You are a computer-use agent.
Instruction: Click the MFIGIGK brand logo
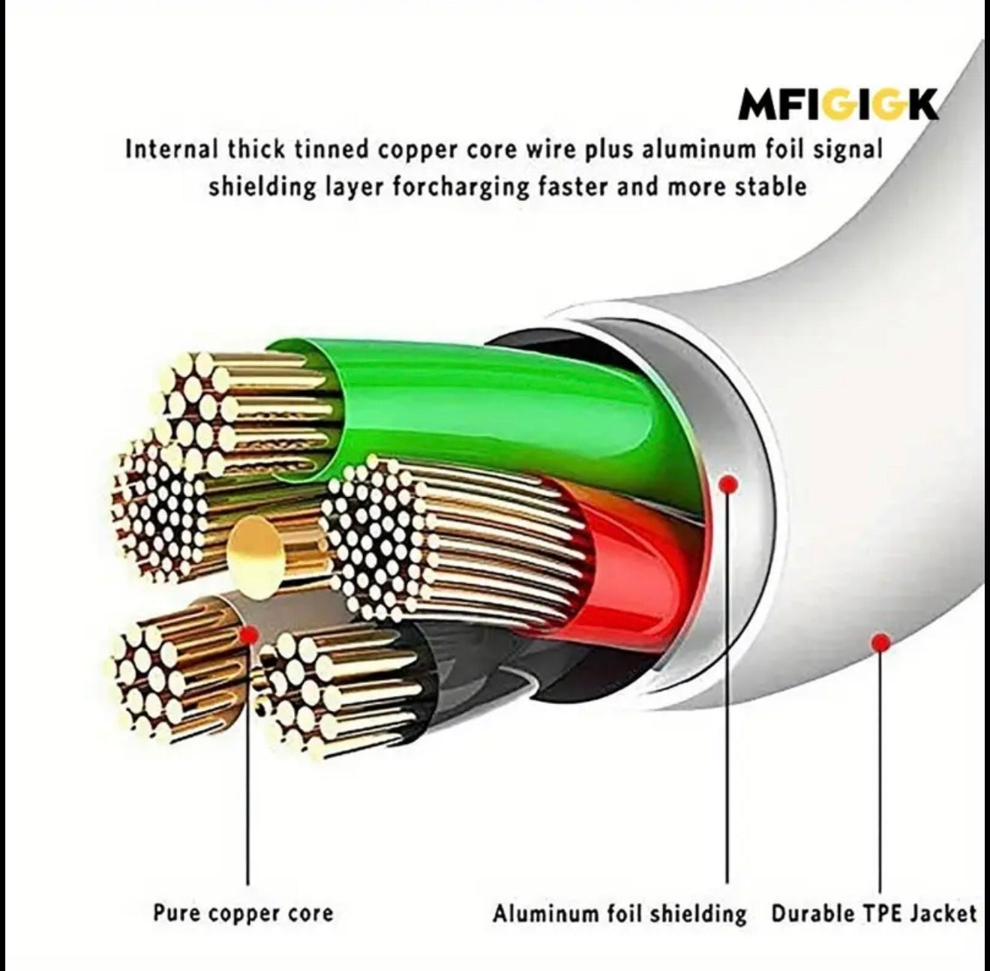(x=838, y=105)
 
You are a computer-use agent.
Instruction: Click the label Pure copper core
(x=243, y=913)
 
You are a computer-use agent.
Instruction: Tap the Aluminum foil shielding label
(x=619, y=913)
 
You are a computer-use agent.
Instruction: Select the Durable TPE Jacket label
(x=874, y=913)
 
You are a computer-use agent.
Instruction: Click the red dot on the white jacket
(x=881, y=642)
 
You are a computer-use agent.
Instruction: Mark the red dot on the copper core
(x=248, y=636)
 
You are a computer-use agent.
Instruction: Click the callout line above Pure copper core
(x=248, y=765)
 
